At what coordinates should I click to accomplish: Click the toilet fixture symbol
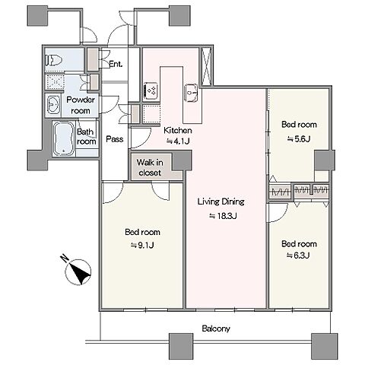[53, 60]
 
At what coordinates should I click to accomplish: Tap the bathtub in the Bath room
[65, 138]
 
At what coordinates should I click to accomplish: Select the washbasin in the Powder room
[53, 104]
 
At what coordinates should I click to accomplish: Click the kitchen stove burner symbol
[151, 90]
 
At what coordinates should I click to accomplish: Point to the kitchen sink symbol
[191, 93]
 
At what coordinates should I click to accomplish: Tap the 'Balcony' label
[216, 328]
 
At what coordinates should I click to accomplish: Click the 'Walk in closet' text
[150, 167]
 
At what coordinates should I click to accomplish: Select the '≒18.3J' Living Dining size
[223, 216]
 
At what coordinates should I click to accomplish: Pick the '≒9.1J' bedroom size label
[142, 246]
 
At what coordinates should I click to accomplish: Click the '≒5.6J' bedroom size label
[299, 139]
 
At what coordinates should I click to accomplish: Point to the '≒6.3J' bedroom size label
[298, 255]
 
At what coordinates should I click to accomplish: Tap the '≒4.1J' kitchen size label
[178, 141]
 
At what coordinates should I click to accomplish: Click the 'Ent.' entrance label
[116, 64]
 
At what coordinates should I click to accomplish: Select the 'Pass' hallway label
[115, 139]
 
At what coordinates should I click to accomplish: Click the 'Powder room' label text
[81, 105]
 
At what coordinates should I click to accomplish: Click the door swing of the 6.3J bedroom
[278, 213]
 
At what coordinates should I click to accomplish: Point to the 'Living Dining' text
[221, 202]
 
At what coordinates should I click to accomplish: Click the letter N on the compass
[65, 259]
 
